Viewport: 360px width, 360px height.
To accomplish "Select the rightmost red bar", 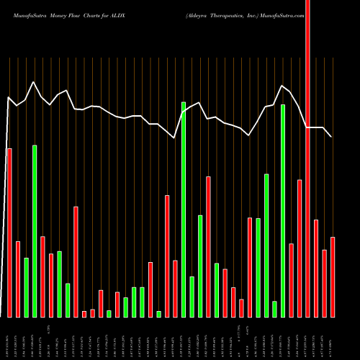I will click(x=333, y=276).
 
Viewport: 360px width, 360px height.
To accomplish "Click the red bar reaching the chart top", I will click(x=308, y=158).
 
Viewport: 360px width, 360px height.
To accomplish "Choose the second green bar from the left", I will click(x=35, y=230).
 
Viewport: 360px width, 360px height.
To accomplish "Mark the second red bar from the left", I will click(x=18, y=279).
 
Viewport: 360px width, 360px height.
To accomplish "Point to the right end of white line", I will click(x=332, y=136).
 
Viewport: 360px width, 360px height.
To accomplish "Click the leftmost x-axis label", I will click(x=9, y=338).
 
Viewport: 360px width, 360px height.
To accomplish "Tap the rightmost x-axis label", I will click(x=333, y=338).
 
